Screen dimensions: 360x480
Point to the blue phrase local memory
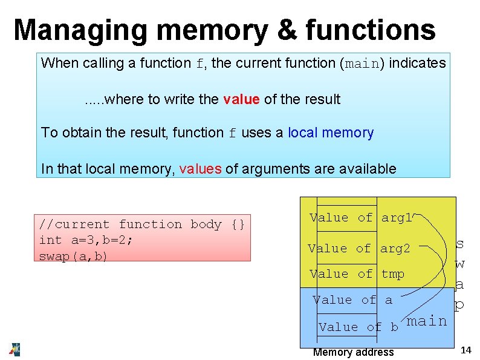tap(331, 133)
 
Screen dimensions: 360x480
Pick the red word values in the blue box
tap(200, 169)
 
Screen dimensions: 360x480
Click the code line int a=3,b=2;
tap(86, 240)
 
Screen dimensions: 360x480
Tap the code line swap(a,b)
tap(73, 256)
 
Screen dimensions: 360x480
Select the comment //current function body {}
tap(141, 224)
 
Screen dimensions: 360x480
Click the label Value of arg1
tap(360, 218)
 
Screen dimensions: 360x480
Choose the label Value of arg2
tap(358, 248)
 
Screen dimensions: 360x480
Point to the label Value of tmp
tap(357, 274)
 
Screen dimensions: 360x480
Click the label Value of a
tap(352, 299)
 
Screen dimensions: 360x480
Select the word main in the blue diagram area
tap(427, 321)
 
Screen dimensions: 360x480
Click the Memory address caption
tap(353, 352)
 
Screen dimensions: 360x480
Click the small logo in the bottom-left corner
tap(15, 349)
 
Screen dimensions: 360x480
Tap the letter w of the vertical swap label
tap(460, 264)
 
